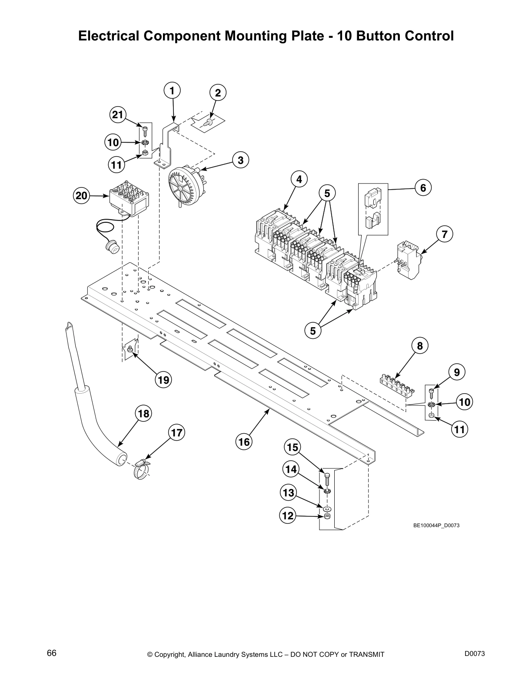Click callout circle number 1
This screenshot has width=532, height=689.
click(172, 91)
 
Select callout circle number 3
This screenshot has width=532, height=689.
click(240, 160)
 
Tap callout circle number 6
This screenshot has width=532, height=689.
click(422, 188)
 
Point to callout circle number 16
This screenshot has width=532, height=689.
click(244, 442)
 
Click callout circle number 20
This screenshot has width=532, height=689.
click(81, 196)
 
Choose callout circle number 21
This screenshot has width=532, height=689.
click(117, 115)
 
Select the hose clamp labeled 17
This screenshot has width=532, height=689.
click(140, 470)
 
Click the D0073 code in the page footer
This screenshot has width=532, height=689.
click(474, 653)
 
